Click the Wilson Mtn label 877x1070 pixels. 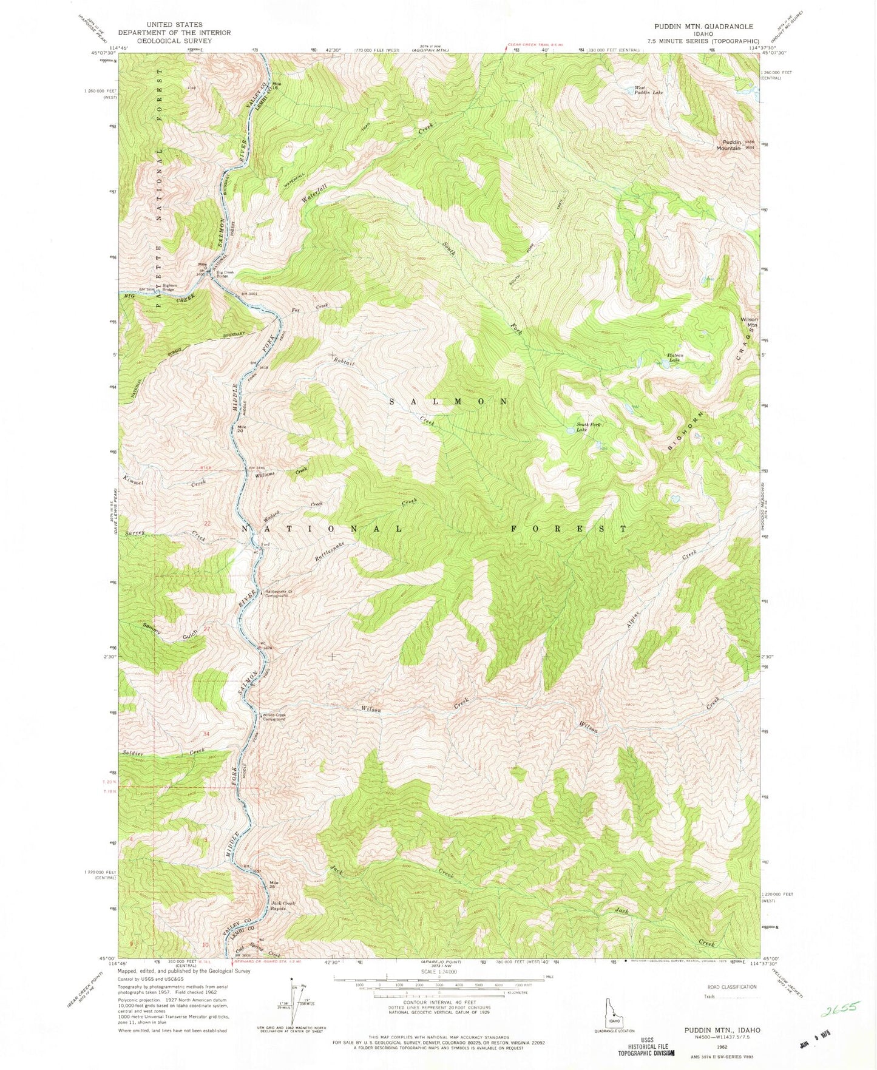(x=748, y=322)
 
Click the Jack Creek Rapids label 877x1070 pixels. (x=282, y=906)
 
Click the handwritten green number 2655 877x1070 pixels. (x=840, y=1009)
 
